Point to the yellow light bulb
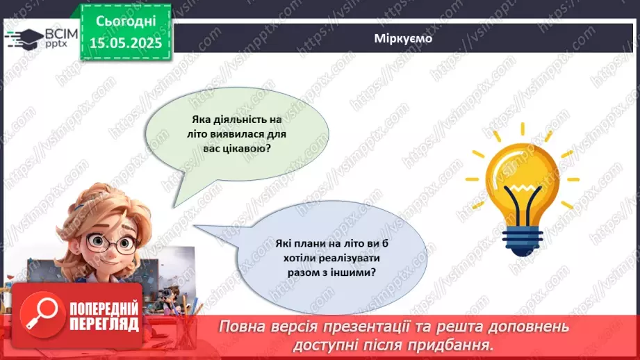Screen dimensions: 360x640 521,174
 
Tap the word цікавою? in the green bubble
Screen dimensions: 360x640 248,149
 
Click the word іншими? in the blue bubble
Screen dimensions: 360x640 355,272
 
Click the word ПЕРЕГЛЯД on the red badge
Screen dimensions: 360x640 104,325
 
